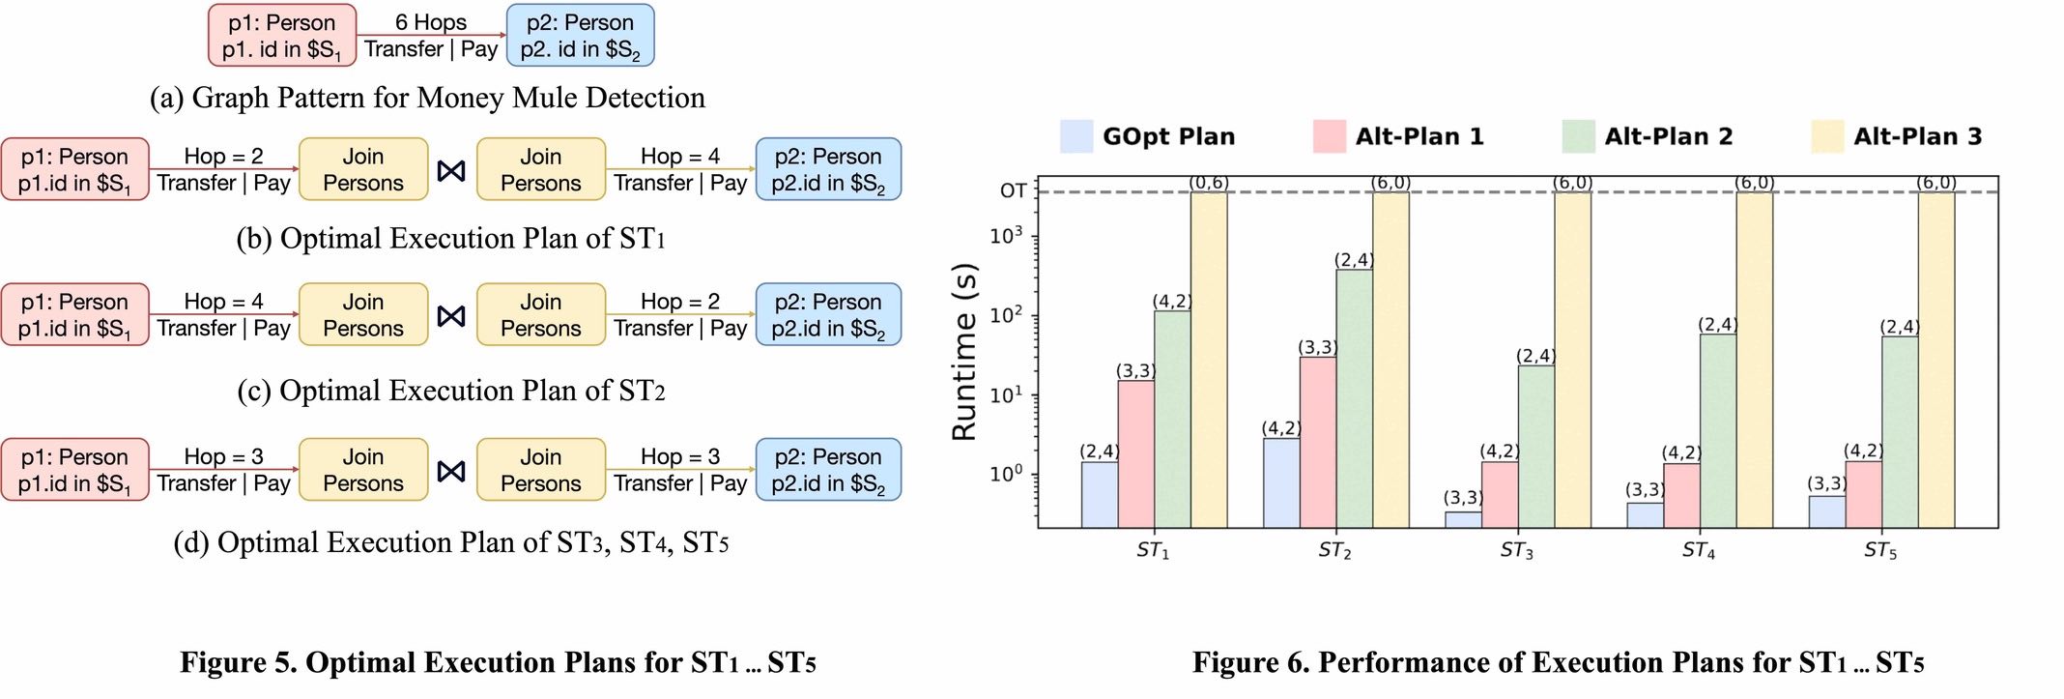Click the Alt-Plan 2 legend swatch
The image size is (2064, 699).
(x=1578, y=136)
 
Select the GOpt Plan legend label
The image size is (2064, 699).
(x=1168, y=136)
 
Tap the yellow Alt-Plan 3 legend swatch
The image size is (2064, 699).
(x=1827, y=136)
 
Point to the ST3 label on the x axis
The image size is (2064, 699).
(x=1516, y=550)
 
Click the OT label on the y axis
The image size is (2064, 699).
(x=1013, y=190)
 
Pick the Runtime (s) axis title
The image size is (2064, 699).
(x=964, y=352)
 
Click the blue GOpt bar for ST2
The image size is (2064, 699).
(x=1281, y=482)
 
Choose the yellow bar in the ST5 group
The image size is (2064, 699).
(x=1935, y=359)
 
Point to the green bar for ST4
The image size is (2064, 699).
(x=1718, y=430)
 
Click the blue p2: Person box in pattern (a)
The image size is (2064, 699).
(x=580, y=36)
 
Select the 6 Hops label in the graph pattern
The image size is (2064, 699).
(x=430, y=22)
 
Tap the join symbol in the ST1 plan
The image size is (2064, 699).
(x=451, y=171)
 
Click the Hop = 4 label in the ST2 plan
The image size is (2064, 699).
(x=223, y=302)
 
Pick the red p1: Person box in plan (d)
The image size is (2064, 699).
(x=74, y=470)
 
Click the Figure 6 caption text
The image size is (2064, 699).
(x=1558, y=662)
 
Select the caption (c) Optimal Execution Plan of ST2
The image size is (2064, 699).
(x=451, y=391)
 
